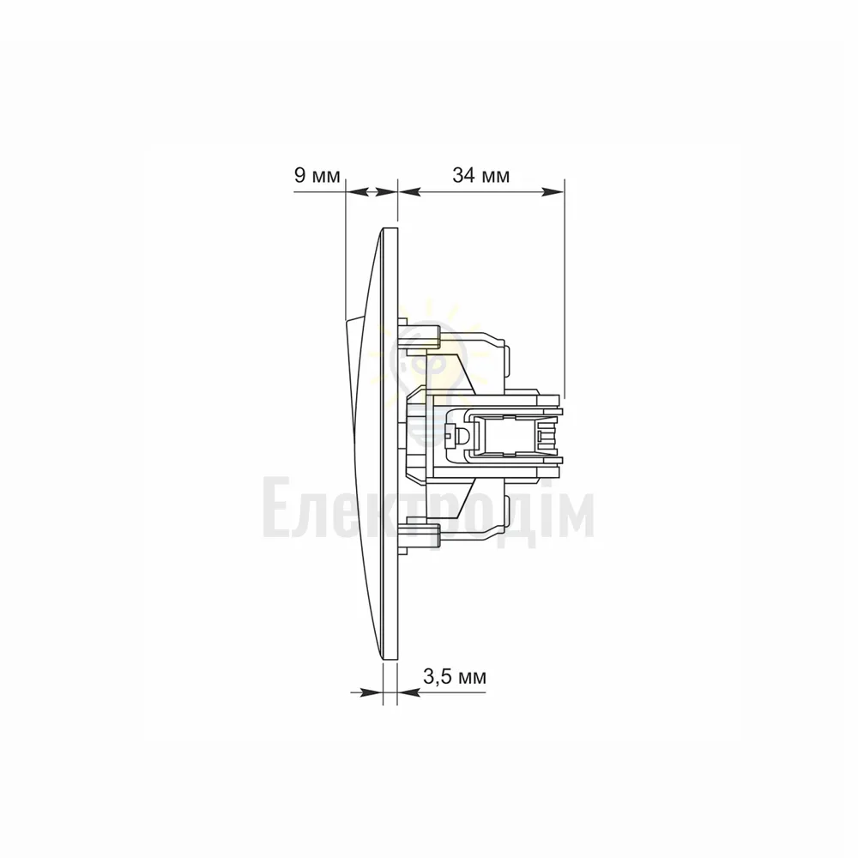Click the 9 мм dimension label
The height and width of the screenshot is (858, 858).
coord(317,176)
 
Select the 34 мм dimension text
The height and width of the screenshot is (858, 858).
coord(481,176)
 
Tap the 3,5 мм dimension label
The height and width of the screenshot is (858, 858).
coord(455,677)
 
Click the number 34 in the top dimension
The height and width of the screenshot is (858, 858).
coord(462,176)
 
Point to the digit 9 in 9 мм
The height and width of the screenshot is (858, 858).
coord(299,176)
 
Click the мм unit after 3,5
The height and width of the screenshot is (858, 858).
coord(471,678)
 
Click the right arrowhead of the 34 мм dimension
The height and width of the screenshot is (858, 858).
coord(553,191)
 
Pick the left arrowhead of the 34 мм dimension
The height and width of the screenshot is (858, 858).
coord(409,191)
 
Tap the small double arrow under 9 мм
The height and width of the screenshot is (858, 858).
coord(371,191)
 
